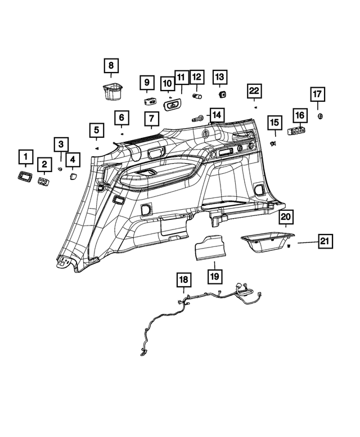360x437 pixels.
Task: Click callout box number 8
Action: pyautogui.click(x=111, y=66)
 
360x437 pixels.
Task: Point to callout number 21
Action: pyautogui.click(x=323, y=241)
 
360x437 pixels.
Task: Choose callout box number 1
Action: pyautogui.click(x=25, y=156)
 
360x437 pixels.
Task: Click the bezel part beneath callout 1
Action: pyautogui.click(x=25, y=177)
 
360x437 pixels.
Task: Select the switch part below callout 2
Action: pyautogui.click(x=43, y=181)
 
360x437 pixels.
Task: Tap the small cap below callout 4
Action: pyautogui.click(x=73, y=176)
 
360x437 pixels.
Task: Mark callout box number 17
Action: pyautogui.click(x=318, y=93)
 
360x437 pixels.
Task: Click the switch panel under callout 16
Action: pyautogui.click(x=297, y=131)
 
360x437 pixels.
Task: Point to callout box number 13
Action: pyautogui.click(x=220, y=76)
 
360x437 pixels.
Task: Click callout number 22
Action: pyautogui.click(x=254, y=90)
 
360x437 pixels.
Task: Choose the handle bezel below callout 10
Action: pyautogui.click(x=173, y=104)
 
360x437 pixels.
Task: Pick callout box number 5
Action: pyautogui.click(x=97, y=131)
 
